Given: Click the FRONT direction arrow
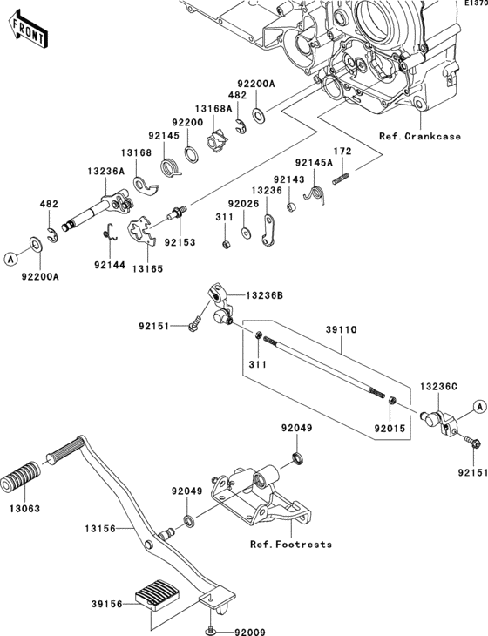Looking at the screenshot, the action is click(x=29, y=30).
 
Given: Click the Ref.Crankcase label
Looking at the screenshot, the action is click(x=420, y=136).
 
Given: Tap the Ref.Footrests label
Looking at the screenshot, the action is click(x=291, y=545).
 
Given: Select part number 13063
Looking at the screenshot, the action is click(x=25, y=509).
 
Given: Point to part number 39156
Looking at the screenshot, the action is click(x=106, y=604).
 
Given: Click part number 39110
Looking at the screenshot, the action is click(x=341, y=330).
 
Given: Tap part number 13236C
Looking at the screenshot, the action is click(x=438, y=387).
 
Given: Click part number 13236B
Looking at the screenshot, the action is click(x=264, y=295).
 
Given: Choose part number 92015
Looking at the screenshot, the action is click(x=390, y=429).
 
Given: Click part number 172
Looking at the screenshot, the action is click(x=342, y=152).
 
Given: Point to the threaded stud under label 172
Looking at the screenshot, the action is click(x=341, y=179).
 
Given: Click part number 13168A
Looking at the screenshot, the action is click(x=213, y=108).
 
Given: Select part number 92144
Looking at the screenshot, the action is click(x=110, y=265).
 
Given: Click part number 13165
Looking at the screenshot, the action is click(x=147, y=268).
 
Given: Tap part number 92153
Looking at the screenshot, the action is click(x=180, y=242).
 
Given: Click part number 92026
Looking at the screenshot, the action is click(x=243, y=204).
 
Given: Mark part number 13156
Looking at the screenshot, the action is click(x=100, y=529).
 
